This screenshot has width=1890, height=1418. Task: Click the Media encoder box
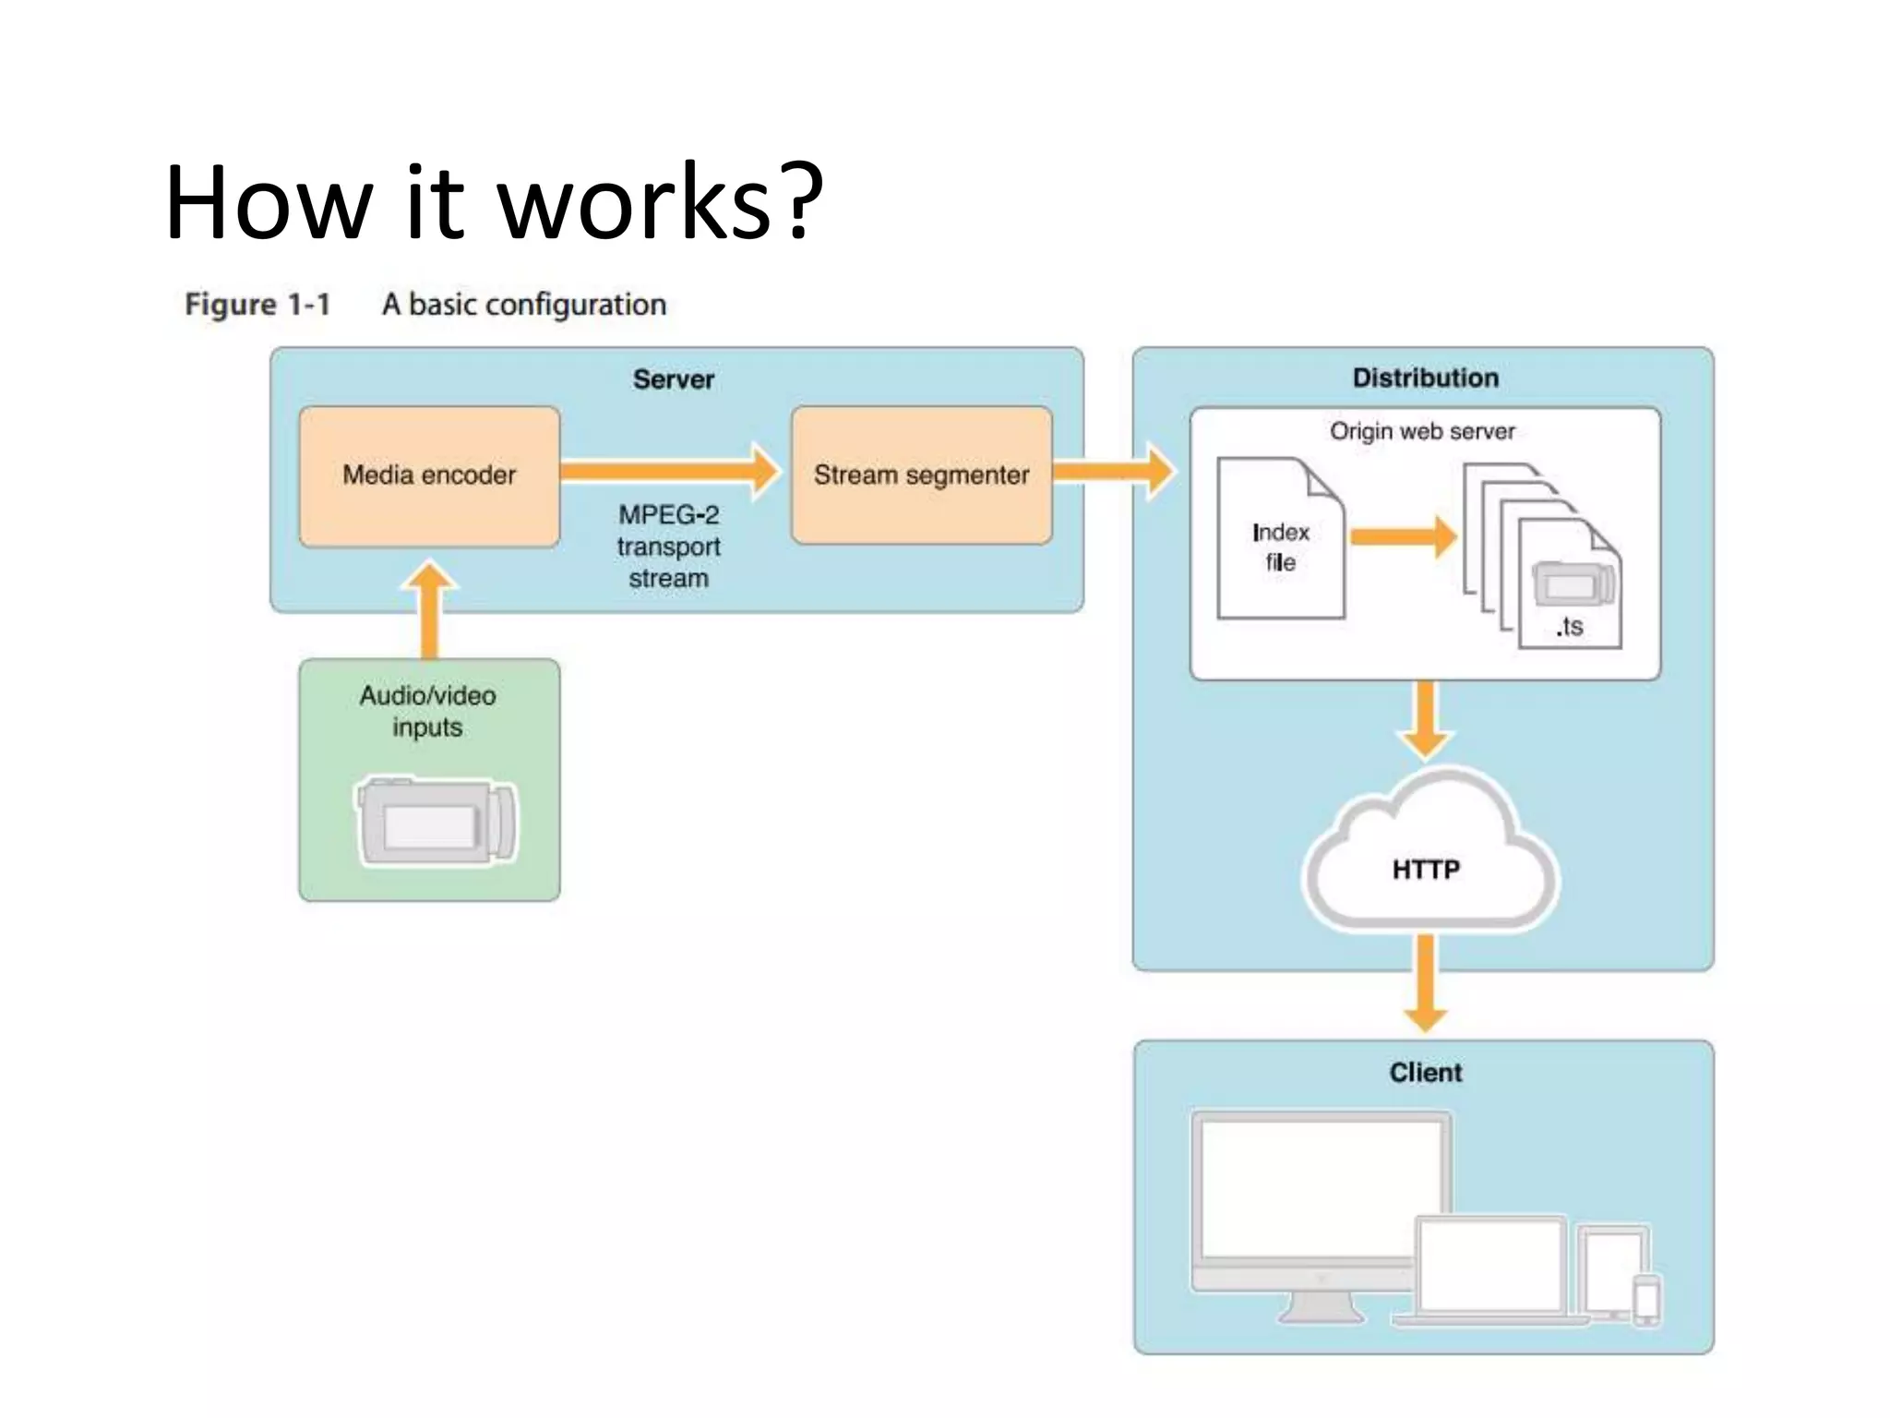tap(429, 475)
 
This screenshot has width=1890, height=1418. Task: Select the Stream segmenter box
tap(921, 475)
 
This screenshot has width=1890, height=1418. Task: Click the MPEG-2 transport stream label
tap(668, 547)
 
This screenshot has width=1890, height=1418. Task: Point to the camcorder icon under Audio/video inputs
tap(437, 821)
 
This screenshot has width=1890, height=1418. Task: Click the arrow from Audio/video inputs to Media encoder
tap(429, 609)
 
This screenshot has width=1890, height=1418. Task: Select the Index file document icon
tap(1280, 540)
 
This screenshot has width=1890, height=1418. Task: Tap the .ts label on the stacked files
tap(1570, 628)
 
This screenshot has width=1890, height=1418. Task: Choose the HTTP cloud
tap(1427, 859)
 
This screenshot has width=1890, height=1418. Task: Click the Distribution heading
tap(1425, 378)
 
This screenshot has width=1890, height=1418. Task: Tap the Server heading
tap(674, 379)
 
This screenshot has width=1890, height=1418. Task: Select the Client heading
tap(1426, 1073)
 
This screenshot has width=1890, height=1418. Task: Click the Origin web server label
tap(1422, 431)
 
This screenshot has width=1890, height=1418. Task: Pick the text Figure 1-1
tap(257, 305)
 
